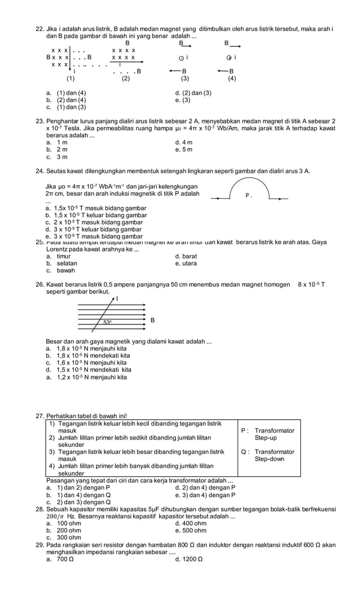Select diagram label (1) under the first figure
click(x=71, y=79)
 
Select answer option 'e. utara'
click(x=186, y=263)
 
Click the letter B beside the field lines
click(x=152, y=320)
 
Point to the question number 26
click(x=39, y=284)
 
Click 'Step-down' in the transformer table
click(x=269, y=459)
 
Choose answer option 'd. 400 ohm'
click(x=191, y=523)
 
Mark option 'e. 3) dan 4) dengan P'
click(x=205, y=495)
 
